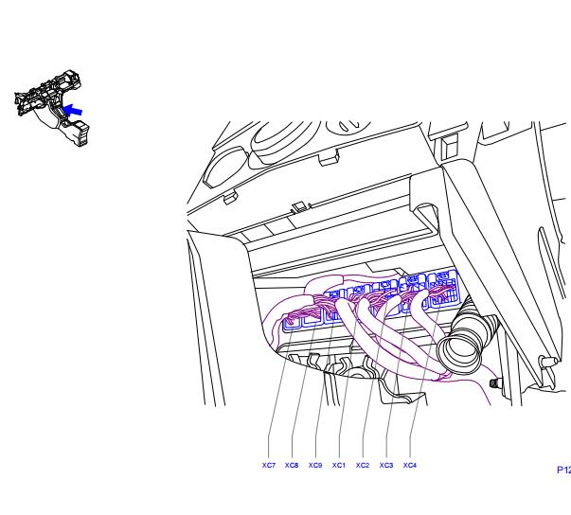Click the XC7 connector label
click(269, 465)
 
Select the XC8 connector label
click(292, 465)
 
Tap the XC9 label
click(315, 465)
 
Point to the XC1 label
click(339, 465)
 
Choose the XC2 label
click(363, 465)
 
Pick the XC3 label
click(386, 465)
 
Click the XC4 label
click(410, 465)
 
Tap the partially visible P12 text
click(564, 470)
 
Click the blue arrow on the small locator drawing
click(72, 110)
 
